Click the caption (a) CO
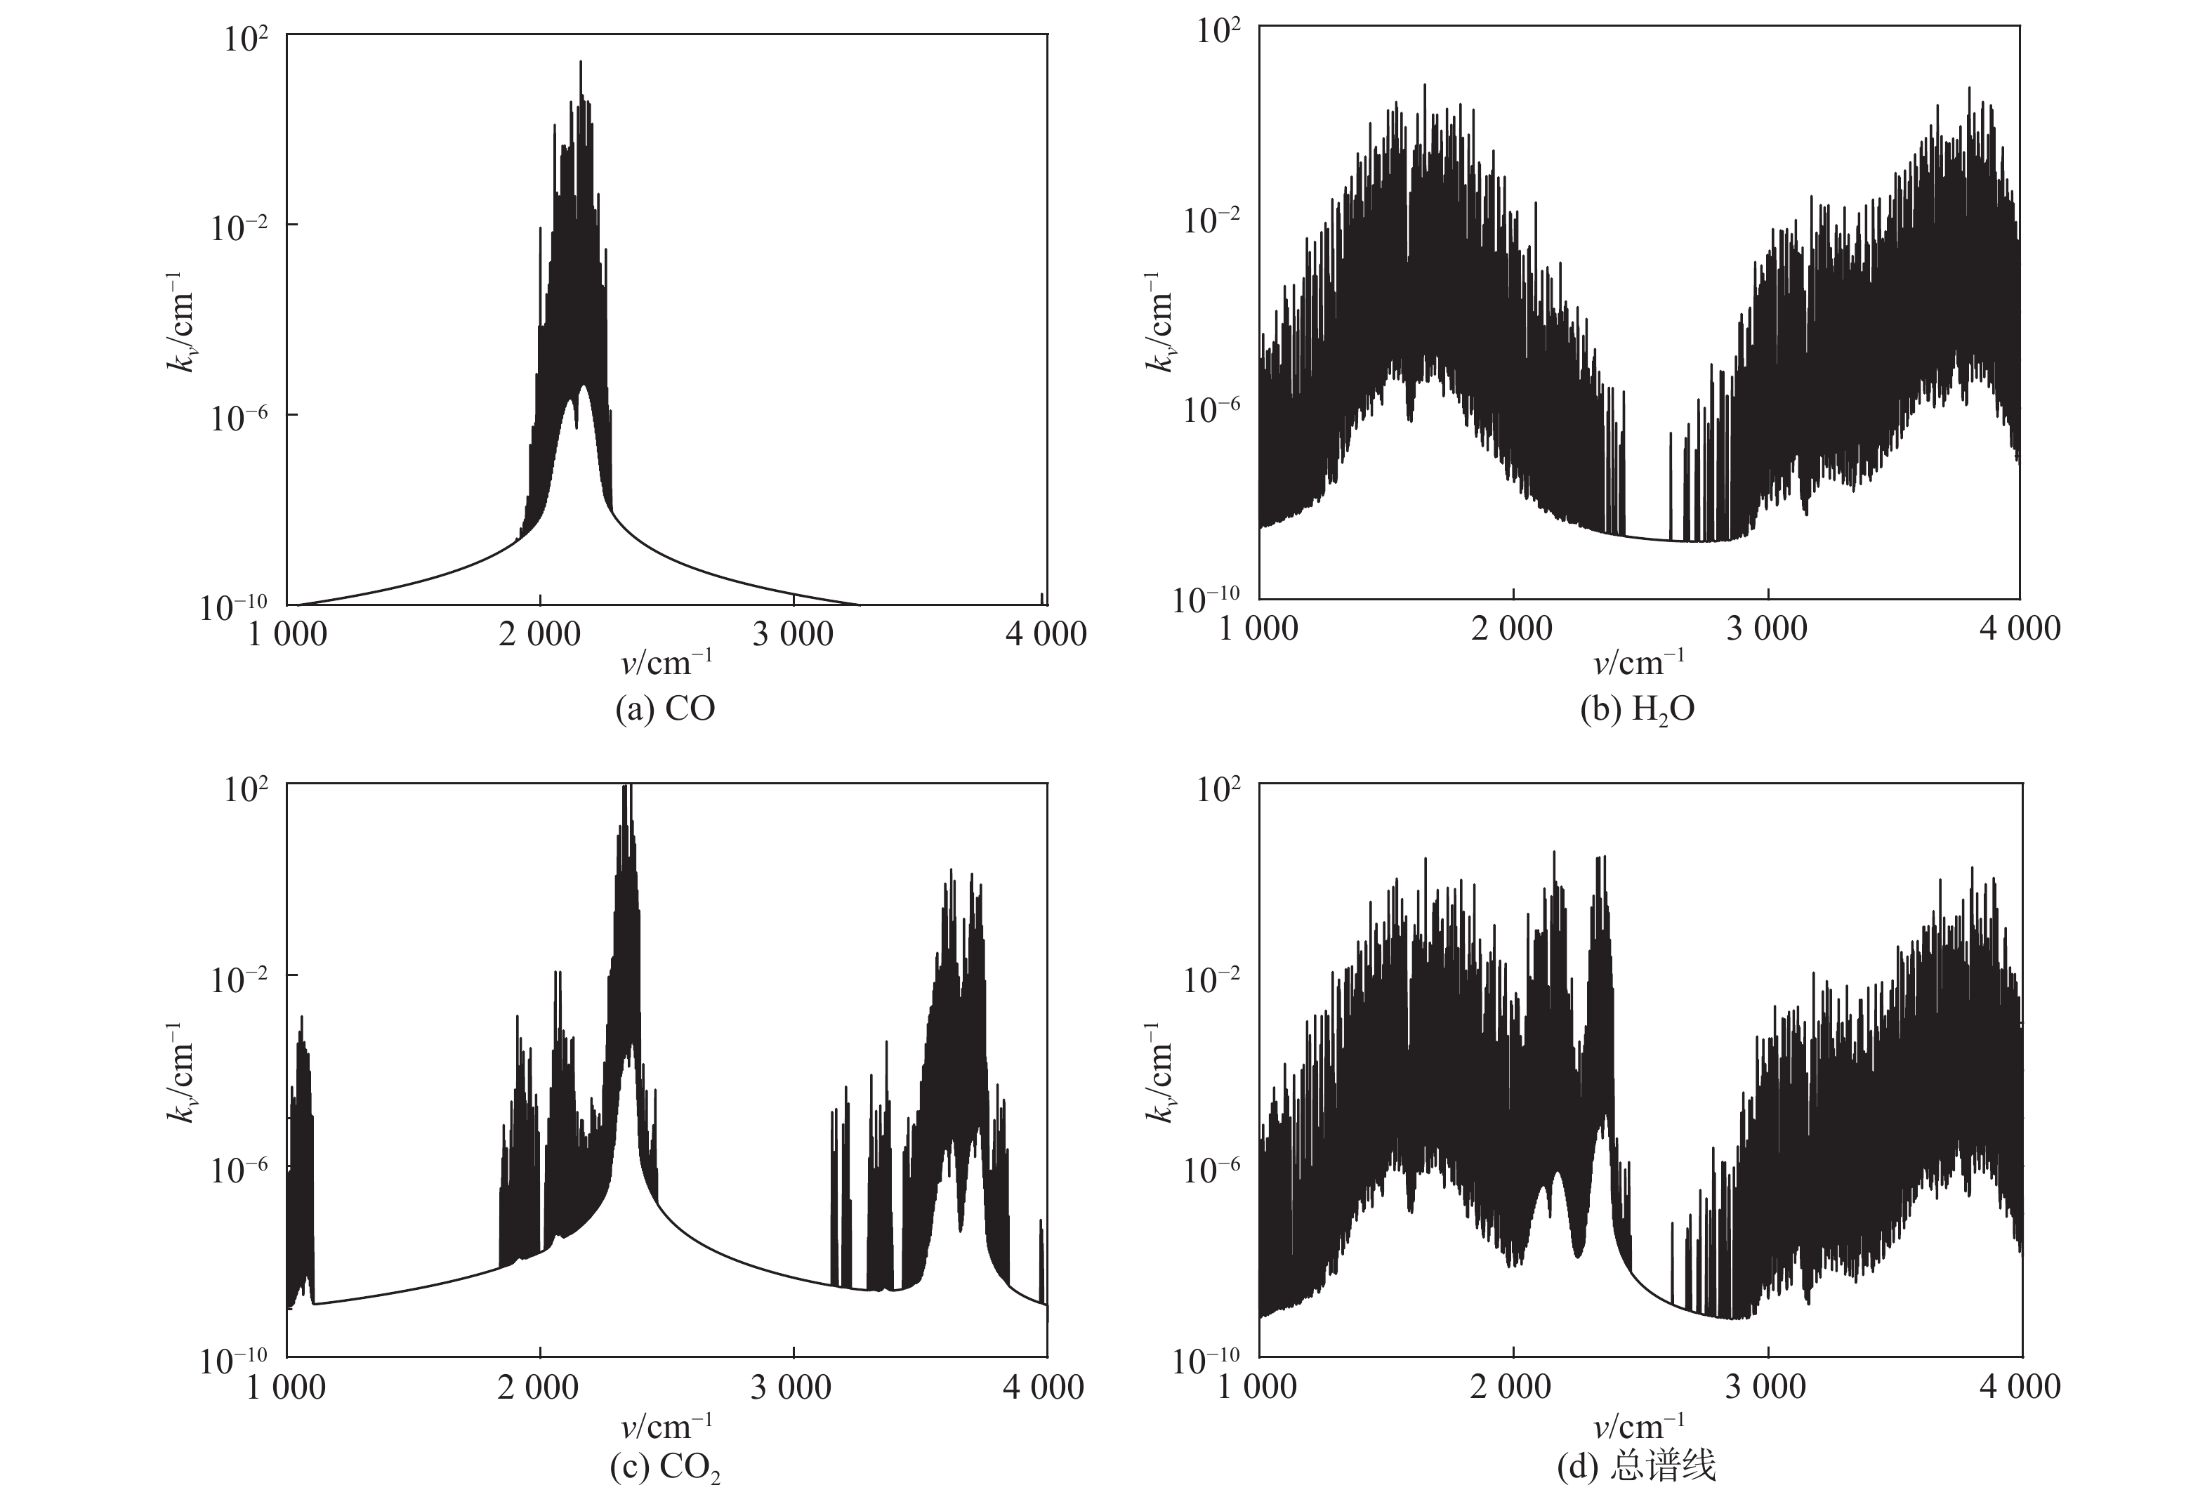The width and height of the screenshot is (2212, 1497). (x=665, y=709)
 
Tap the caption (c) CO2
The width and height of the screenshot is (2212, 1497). (x=665, y=1468)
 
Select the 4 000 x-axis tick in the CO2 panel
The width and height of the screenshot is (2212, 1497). (x=1044, y=1387)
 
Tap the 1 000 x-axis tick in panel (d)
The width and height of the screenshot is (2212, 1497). (x=1258, y=1387)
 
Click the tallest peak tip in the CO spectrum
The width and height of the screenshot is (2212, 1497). (x=581, y=62)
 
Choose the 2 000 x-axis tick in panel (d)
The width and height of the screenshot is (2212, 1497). (x=1511, y=1387)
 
